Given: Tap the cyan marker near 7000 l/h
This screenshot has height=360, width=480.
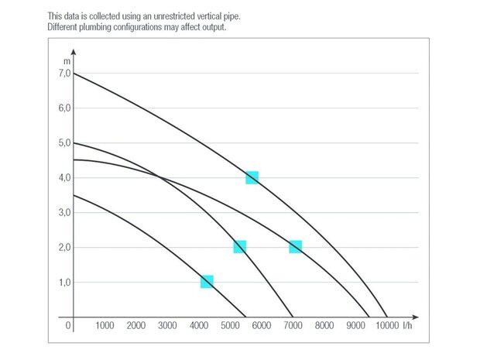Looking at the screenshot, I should pos(295,247).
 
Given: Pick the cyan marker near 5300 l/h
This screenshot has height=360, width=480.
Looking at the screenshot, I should pos(239,247).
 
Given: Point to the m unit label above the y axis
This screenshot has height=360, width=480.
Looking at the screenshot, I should pos(67,60).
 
